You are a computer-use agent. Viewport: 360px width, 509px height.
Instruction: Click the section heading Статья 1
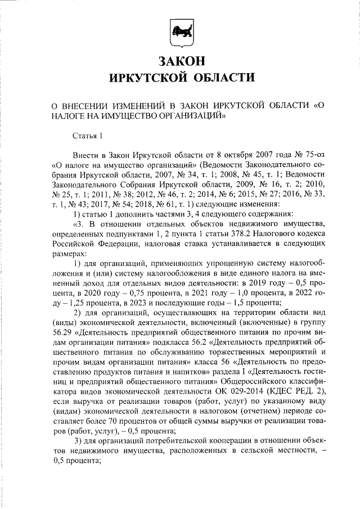pyautogui.click(x=88, y=135)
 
